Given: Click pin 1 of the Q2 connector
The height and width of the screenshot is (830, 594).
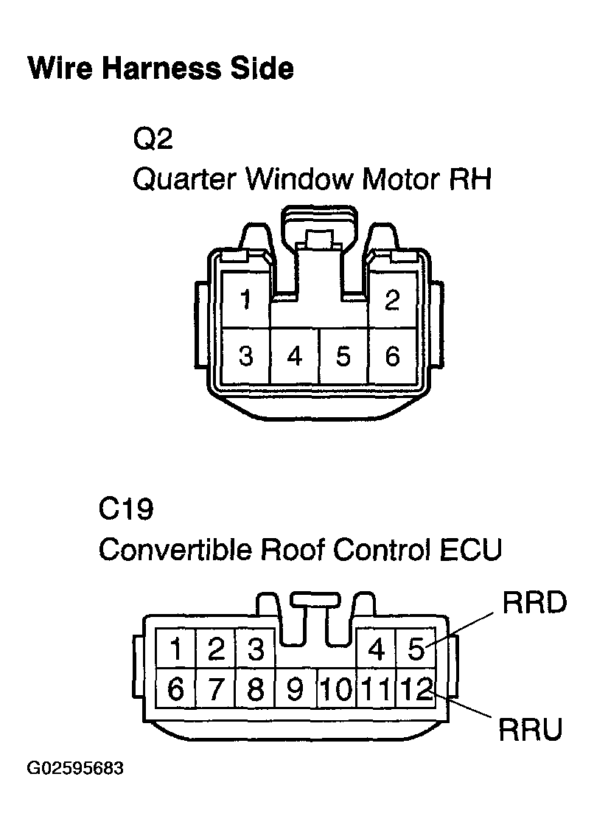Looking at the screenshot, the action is [245, 299].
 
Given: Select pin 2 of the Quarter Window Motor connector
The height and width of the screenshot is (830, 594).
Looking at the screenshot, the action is [392, 299].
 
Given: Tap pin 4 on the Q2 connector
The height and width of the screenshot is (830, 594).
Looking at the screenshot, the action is [294, 356].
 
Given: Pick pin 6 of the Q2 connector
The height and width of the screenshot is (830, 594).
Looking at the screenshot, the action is [392, 356].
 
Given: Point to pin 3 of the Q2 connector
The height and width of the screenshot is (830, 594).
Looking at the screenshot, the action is [245, 356].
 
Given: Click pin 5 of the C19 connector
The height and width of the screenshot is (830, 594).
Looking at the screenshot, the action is [416, 649].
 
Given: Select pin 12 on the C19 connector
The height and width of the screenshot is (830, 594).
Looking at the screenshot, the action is [416, 688].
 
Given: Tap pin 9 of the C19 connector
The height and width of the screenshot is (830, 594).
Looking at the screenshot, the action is [296, 688].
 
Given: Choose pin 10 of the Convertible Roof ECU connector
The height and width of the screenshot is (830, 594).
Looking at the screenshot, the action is [336, 688].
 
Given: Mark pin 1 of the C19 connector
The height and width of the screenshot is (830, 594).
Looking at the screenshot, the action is [175, 649].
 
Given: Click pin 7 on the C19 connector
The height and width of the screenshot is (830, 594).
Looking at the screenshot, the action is [215, 688].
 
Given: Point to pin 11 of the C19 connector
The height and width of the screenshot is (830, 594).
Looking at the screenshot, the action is [377, 688].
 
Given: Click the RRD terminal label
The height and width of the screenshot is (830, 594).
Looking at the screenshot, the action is [534, 603].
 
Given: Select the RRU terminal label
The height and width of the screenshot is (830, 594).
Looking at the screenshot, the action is [531, 730].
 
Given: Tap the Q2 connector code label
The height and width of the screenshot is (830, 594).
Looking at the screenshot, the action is [153, 139].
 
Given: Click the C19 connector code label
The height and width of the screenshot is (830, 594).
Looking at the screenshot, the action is [126, 509].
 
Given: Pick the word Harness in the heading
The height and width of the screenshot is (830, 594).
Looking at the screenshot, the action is [161, 69].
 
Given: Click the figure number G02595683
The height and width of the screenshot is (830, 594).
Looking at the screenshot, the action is [75, 768].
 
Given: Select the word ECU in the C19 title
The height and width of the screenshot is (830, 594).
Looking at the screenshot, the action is [471, 549].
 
